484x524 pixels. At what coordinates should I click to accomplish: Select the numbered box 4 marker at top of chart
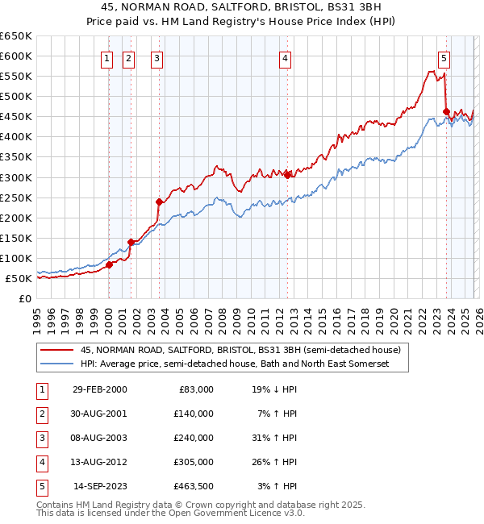286,57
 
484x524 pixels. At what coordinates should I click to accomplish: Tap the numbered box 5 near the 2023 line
444,57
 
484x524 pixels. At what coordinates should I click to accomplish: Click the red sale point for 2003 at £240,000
159,202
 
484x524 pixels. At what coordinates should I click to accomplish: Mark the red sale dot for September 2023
446,111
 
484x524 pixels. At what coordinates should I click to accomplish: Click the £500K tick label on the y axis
16,97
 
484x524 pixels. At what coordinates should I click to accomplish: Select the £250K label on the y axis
16,198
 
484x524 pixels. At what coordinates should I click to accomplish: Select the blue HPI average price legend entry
235,364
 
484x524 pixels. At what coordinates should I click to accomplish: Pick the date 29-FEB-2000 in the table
99,389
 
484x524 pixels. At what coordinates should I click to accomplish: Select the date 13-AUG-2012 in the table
99,462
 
